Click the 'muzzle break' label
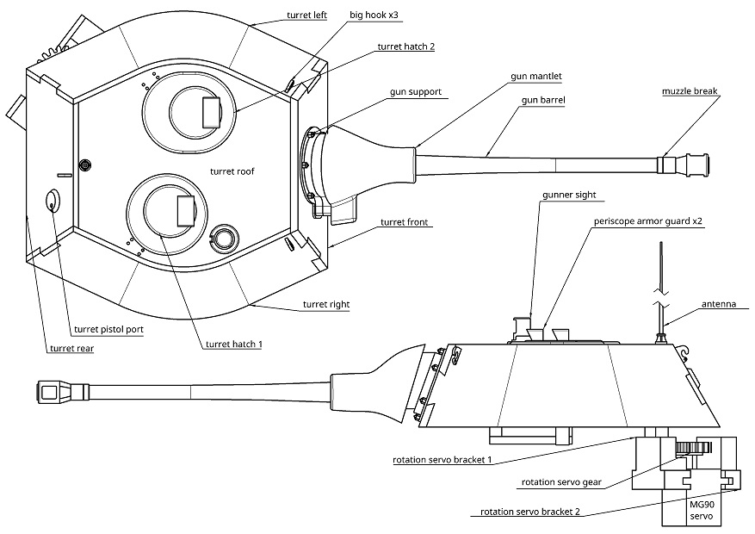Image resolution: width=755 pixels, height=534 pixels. (690, 91)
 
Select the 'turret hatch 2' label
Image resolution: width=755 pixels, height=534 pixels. (405, 47)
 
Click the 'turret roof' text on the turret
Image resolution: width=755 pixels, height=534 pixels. (232, 171)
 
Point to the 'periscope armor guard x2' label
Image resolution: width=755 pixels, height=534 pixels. (649, 220)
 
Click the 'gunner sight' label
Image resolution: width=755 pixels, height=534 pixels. (569, 196)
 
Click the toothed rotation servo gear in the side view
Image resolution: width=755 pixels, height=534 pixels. (692, 448)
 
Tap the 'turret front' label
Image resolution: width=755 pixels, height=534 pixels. (405, 222)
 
